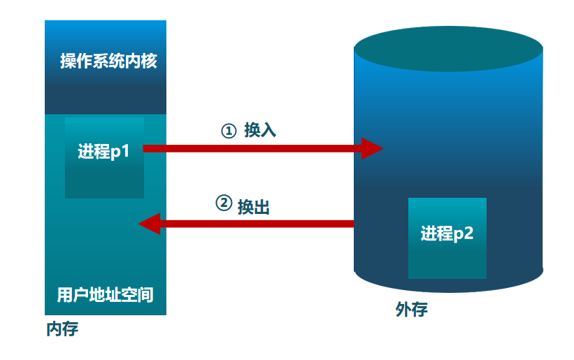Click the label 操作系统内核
click(x=108, y=62)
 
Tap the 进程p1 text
click(x=103, y=151)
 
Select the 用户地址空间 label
click(x=105, y=294)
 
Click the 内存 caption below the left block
click(x=62, y=329)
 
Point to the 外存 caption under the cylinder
click(x=411, y=310)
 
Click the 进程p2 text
click(x=447, y=233)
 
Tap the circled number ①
click(x=229, y=131)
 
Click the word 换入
click(x=260, y=131)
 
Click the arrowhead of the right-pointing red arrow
click(x=372, y=148)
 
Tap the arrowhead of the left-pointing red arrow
click(x=150, y=224)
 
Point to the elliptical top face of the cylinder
click(x=448, y=50)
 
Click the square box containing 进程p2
click(x=447, y=238)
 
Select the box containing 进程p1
click(x=104, y=157)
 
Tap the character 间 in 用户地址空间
click(x=145, y=294)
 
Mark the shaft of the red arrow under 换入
click(x=252, y=148)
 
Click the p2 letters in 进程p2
click(x=464, y=233)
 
